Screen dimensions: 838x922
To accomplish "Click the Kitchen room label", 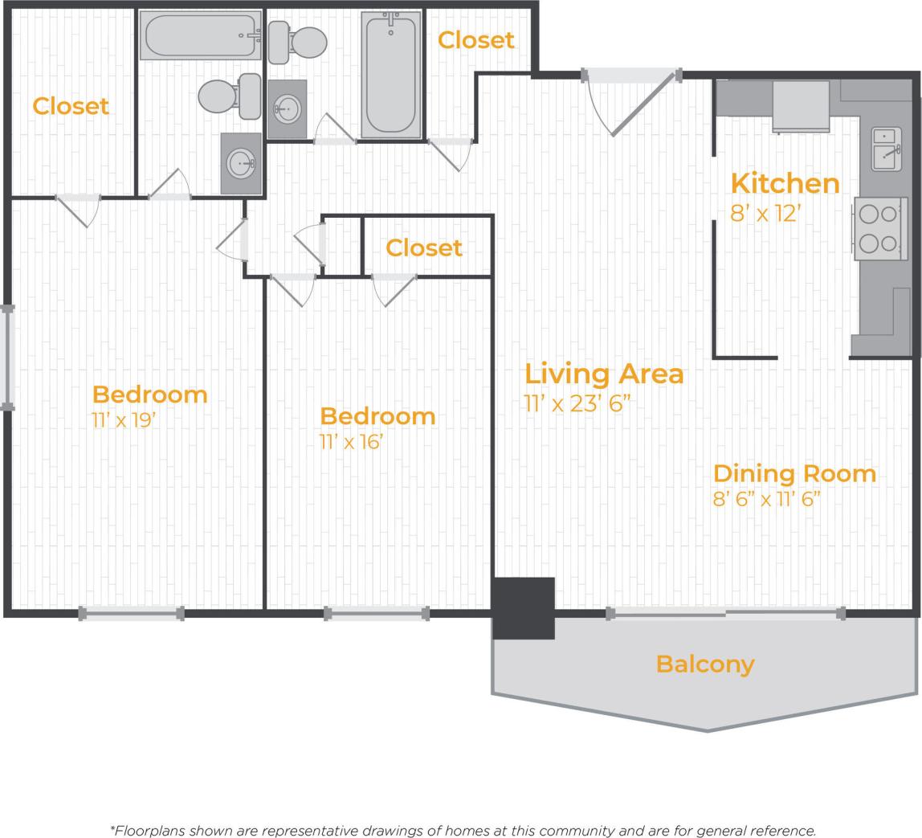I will click(x=785, y=184).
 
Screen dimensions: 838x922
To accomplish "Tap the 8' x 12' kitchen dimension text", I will click(x=765, y=215).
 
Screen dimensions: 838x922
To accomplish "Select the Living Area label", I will click(x=604, y=374).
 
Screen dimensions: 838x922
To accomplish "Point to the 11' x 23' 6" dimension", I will click(x=577, y=403).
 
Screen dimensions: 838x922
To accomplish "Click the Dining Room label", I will click(x=794, y=473).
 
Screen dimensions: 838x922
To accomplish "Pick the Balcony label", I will click(x=705, y=664).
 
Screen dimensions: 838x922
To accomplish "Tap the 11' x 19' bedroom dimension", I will click(x=122, y=420).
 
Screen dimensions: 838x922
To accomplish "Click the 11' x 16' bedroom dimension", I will click(x=351, y=442).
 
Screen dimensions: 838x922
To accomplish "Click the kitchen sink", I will click(x=886, y=149).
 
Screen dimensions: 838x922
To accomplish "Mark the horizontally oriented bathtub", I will click(x=201, y=35).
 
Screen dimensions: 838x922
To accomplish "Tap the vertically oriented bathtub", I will click(x=392, y=75).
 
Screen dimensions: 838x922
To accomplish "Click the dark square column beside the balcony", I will click(x=524, y=608).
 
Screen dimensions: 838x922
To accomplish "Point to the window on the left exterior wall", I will click(x=8, y=358).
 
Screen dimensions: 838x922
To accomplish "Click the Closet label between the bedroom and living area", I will click(x=423, y=248).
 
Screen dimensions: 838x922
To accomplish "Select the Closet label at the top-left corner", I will click(x=71, y=106).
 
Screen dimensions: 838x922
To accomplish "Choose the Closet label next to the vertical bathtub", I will click(x=475, y=40).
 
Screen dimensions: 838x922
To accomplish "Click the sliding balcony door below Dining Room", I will click(x=725, y=614).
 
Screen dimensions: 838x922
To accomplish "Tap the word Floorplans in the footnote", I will click(x=150, y=831).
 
